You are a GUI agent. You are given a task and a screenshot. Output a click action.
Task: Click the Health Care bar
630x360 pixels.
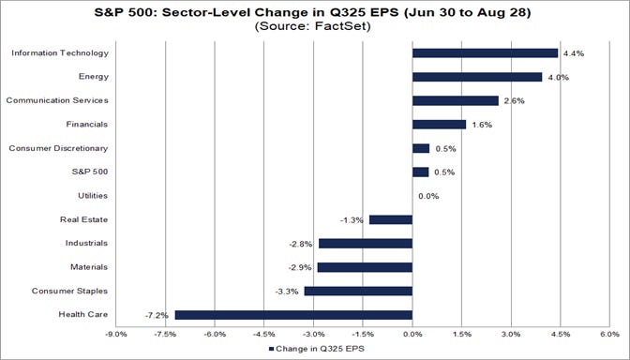coord(293,315)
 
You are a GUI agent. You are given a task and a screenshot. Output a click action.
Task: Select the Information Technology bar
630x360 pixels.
coord(485,53)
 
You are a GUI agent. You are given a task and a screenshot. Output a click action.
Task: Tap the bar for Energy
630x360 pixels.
coord(477,77)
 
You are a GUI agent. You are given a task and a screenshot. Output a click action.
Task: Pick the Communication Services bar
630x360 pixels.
coord(455,100)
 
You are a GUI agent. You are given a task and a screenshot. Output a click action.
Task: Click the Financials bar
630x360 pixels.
coord(439,124)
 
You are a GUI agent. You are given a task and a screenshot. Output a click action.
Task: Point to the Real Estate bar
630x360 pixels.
coord(391,219)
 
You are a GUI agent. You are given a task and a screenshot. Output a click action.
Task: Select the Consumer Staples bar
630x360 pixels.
coord(358,291)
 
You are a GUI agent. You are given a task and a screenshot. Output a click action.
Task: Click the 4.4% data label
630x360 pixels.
coord(572,54)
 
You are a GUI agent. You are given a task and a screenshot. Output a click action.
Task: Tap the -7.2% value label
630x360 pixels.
coord(159,315)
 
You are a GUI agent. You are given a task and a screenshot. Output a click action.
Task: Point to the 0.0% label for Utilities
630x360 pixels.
coord(428,196)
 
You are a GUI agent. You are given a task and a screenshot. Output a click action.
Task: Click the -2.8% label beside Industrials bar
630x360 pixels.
coord(302,244)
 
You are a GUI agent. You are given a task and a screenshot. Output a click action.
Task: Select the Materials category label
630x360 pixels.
coord(87,267)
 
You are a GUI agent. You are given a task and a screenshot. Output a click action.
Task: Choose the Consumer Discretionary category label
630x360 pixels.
coord(59,148)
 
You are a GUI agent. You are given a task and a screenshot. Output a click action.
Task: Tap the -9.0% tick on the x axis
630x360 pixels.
coord(116,333)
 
